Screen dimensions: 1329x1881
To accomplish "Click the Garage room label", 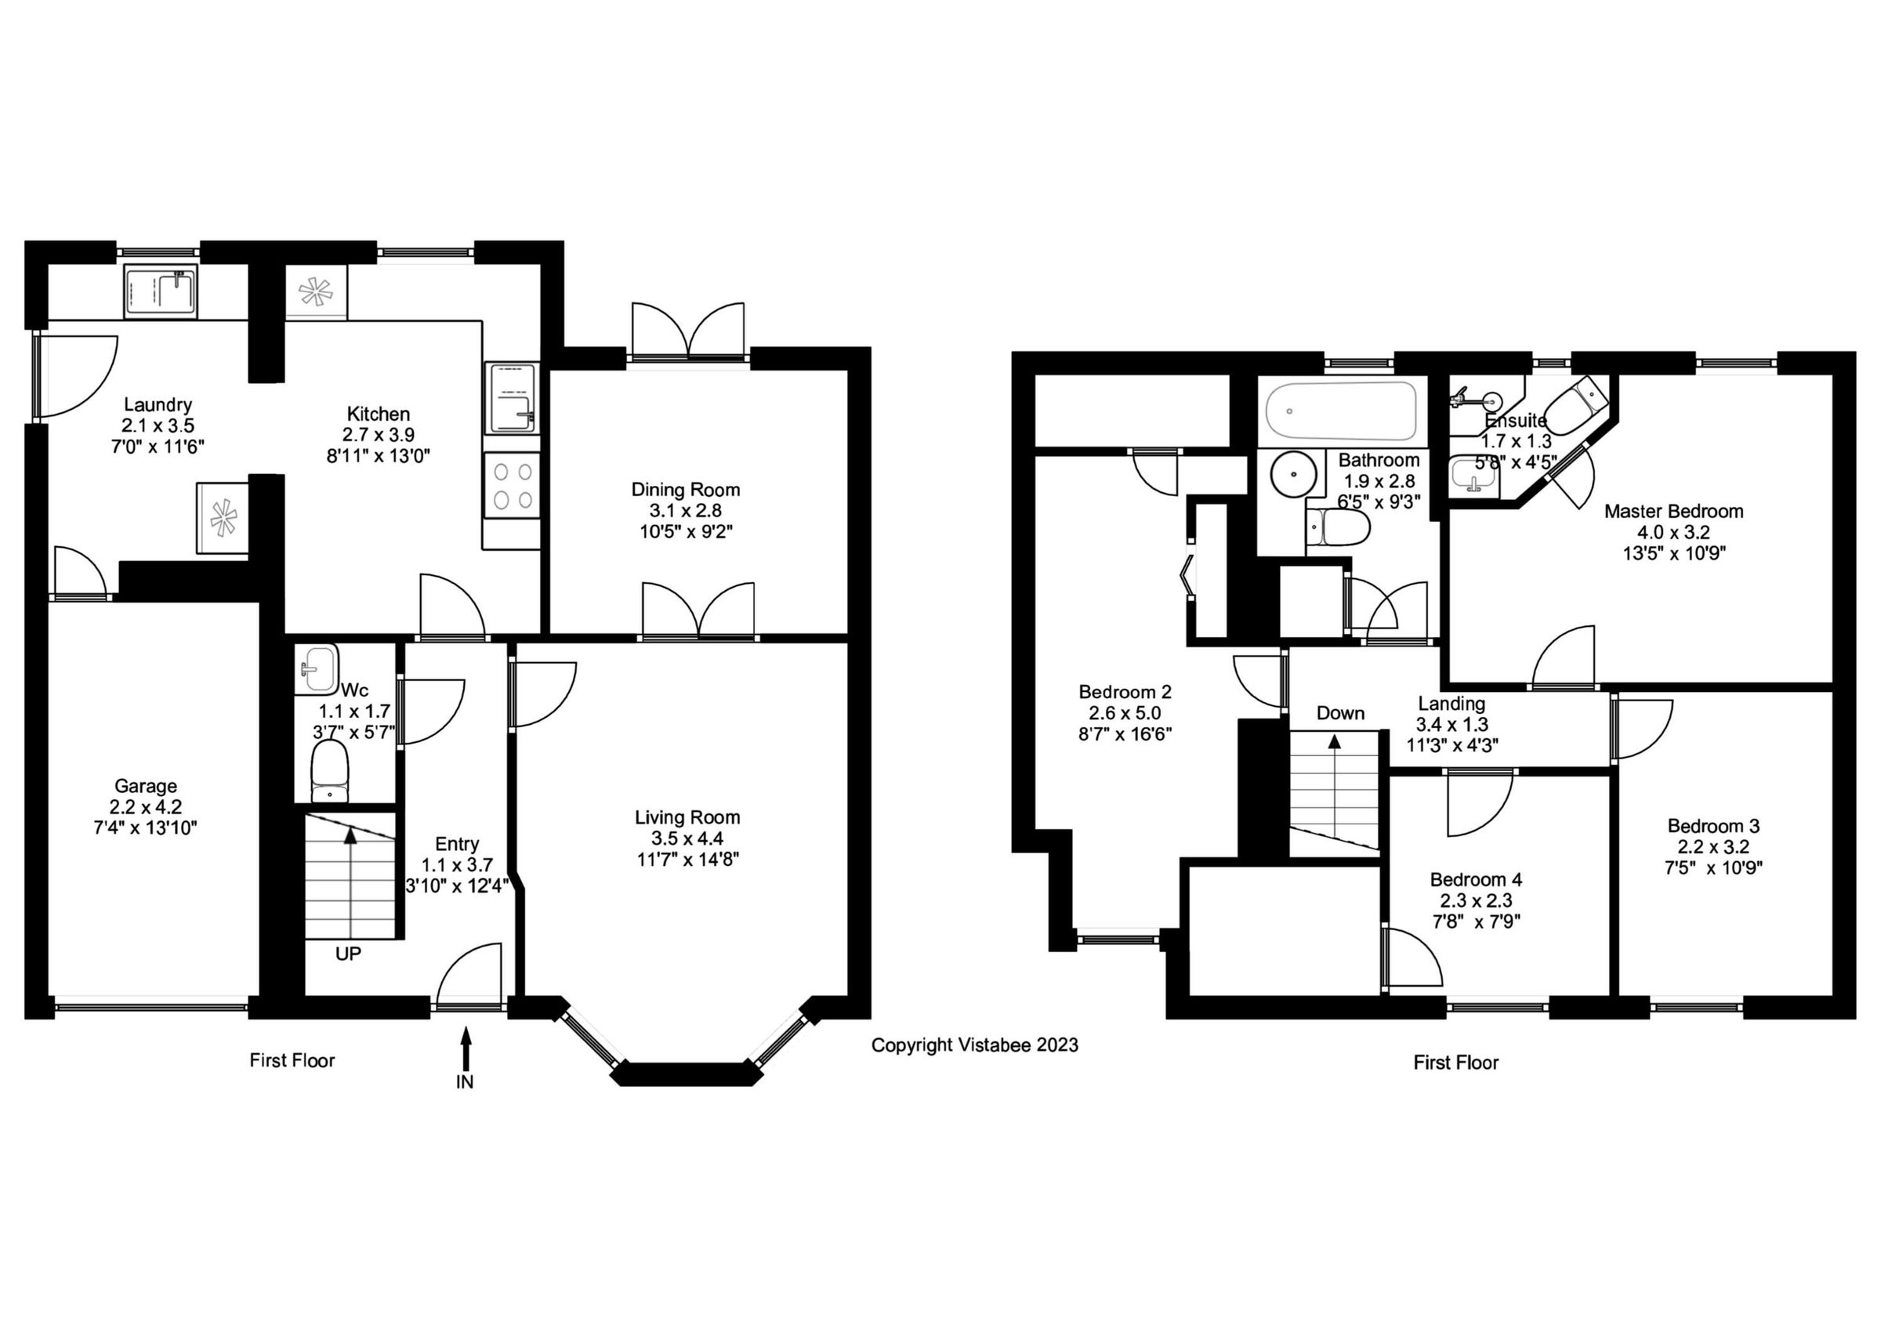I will tap(145, 786).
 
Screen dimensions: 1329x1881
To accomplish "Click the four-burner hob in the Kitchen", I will tap(513, 486).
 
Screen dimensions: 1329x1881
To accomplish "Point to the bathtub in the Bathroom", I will tap(1341, 411).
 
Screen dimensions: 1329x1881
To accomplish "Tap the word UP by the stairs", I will tap(348, 954).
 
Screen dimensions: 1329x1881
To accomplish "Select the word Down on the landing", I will tap(1340, 713).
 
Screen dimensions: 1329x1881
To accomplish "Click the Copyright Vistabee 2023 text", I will tap(974, 1045).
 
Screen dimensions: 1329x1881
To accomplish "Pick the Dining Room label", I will tap(686, 490).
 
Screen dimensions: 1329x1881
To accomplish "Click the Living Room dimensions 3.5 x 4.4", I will tap(687, 838).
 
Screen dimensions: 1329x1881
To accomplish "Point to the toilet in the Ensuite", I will tap(1575, 407).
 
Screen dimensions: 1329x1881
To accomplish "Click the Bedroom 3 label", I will tap(1713, 825).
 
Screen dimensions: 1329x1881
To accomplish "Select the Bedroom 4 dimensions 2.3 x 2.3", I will tap(1477, 900).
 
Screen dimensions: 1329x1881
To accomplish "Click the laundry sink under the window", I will tap(161, 292).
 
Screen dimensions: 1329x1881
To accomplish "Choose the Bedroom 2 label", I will tap(1125, 692).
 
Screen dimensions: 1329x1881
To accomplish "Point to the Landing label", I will tap(1452, 704).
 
